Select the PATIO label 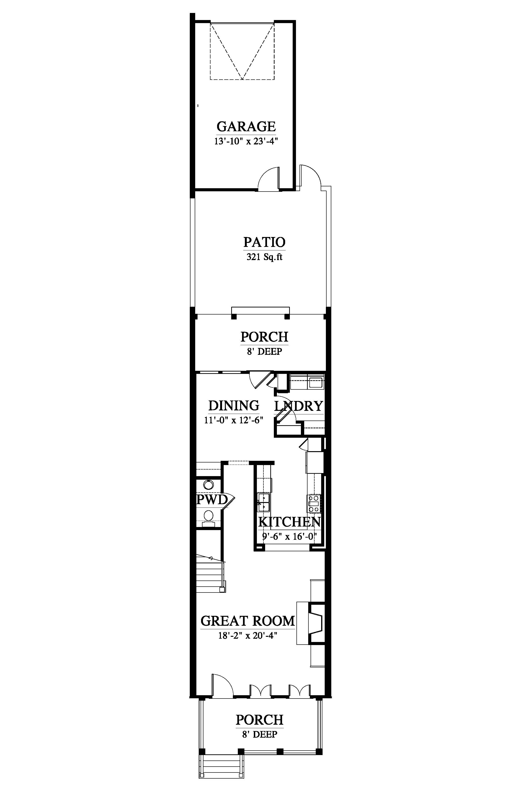point(264,242)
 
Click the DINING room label point(234,405)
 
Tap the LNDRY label point(299,406)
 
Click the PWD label point(212,499)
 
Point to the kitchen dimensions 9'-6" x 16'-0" point(289,536)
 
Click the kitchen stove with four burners point(314,503)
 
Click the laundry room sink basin point(316,383)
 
